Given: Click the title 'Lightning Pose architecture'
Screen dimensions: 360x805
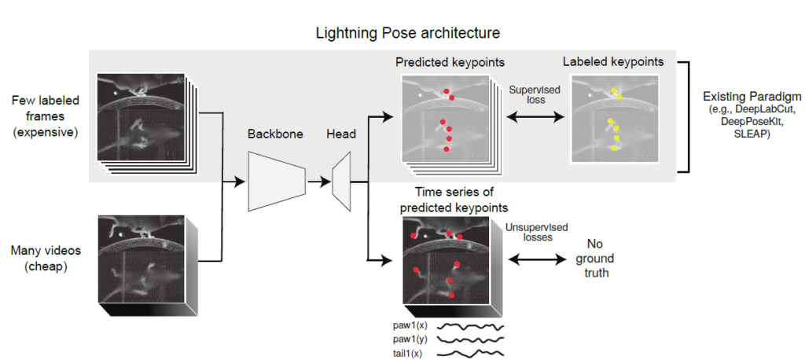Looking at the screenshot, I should click(x=407, y=33).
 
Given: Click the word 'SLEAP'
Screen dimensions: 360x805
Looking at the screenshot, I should click(x=747, y=135).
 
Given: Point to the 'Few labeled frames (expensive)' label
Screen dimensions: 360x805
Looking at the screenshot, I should click(x=45, y=116).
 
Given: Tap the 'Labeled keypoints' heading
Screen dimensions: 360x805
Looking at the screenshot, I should click(x=613, y=61).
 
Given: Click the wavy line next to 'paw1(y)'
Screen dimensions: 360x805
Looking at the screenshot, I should click(x=469, y=340).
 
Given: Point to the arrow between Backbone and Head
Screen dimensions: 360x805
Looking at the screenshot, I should click(x=318, y=182).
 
